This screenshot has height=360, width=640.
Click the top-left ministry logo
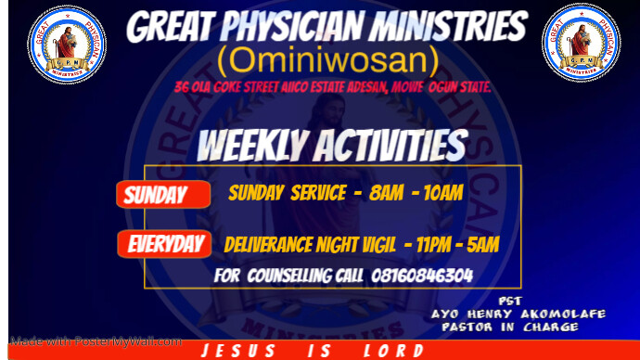pyautogui.click(x=66, y=43)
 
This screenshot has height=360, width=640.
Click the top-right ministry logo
pyautogui.click(x=580, y=43)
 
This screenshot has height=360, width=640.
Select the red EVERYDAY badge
pyautogui.click(x=164, y=245)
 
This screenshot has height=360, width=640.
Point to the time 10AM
pyautogui.click(x=441, y=194)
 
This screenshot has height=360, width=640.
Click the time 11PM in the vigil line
pyautogui.click(x=430, y=245)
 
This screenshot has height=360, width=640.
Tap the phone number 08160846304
pyautogui.click(x=422, y=276)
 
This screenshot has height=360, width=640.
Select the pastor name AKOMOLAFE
pyautogui.click(x=560, y=314)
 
